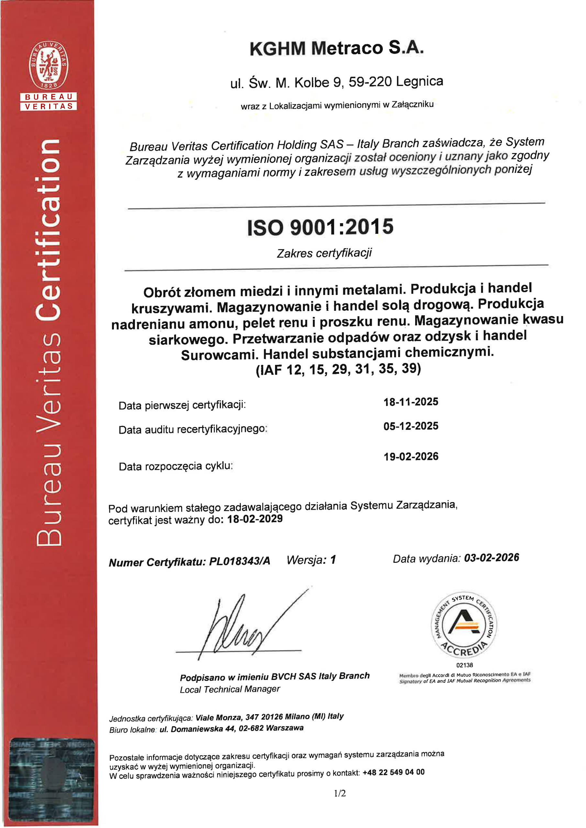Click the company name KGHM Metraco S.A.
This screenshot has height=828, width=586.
click(336, 48)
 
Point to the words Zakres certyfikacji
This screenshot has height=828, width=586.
click(324, 253)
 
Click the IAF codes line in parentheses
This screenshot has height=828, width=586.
click(338, 369)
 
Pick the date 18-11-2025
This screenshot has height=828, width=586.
click(411, 402)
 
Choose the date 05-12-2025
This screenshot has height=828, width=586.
click(411, 426)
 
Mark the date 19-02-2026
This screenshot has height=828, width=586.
click(411, 457)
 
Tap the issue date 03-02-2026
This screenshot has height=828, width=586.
click(492, 558)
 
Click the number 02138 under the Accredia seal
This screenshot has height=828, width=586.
click(464, 665)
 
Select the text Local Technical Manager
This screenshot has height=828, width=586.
click(230, 690)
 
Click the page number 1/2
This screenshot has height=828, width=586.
click(339, 793)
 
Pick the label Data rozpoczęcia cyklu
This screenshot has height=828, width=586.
click(176, 466)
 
